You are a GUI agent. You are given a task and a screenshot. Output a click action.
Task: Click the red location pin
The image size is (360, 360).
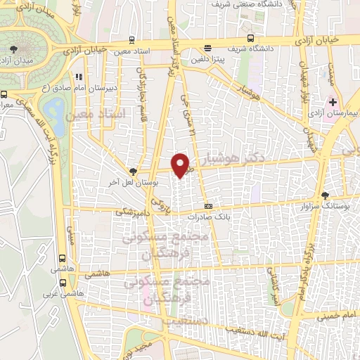(x=181, y=164)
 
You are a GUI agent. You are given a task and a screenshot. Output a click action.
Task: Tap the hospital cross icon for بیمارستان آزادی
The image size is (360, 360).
(x=333, y=102)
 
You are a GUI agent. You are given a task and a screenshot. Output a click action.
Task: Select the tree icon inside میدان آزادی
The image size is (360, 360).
(x=15, y=49)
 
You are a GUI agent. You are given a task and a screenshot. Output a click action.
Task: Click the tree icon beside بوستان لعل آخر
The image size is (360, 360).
(x=134, y=171)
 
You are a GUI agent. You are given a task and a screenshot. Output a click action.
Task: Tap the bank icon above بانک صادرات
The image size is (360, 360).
(x=207, y=206)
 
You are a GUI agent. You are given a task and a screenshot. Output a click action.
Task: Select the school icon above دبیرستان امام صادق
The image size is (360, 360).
(x=79, y=76)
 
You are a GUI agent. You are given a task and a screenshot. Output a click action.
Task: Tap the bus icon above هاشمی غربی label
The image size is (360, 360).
(x=64, y=283)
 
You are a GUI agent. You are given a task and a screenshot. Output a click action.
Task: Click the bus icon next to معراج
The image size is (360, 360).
(x=5, y=94)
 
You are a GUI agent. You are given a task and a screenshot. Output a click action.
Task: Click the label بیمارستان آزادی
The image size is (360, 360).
(x=333, y=112)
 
